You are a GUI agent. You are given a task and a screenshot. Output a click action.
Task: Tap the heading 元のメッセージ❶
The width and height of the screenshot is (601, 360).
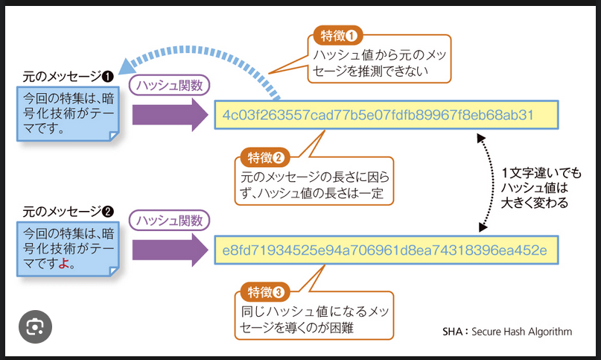[68, 77]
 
